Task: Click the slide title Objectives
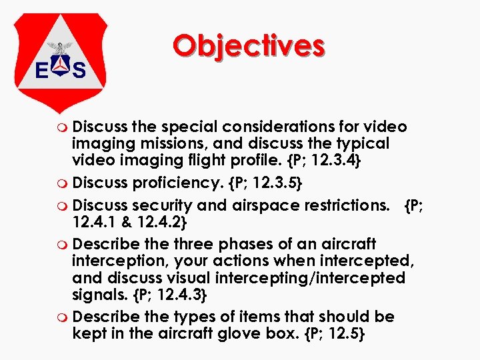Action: click(248, 46)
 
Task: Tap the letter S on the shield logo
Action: click(79, 70)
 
